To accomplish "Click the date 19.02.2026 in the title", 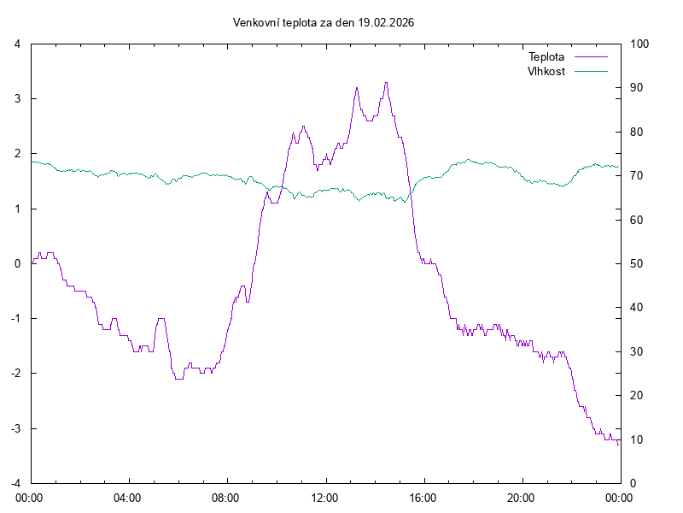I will [x=386, y=23].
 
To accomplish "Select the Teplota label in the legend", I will [x=546, y=56].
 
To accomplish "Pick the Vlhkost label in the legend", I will [x=546, y=71].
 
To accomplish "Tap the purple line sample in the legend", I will [x=591, y=56].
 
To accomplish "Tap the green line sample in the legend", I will [x=591, y=71].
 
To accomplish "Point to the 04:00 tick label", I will [x=128, y=497].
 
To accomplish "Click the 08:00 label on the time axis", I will [x=226, y=497].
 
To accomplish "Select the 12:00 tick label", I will [x=324, y=497].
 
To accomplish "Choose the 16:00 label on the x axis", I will [x=423, y=497].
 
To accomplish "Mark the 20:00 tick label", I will [x=521, y=497].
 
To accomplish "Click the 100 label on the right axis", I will [x=639, y=44].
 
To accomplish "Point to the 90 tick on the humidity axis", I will [x=636, y=88].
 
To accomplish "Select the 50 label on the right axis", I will [x=636, y=263].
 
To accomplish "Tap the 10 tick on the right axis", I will [x=636, y=439].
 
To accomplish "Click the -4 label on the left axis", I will [x=15, y=483].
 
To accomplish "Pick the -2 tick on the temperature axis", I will [x=15, y=374].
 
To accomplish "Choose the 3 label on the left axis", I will [x=17, y=98].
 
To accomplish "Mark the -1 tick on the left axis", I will [x=15, y=318].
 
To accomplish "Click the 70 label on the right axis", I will [x=636, y=176].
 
